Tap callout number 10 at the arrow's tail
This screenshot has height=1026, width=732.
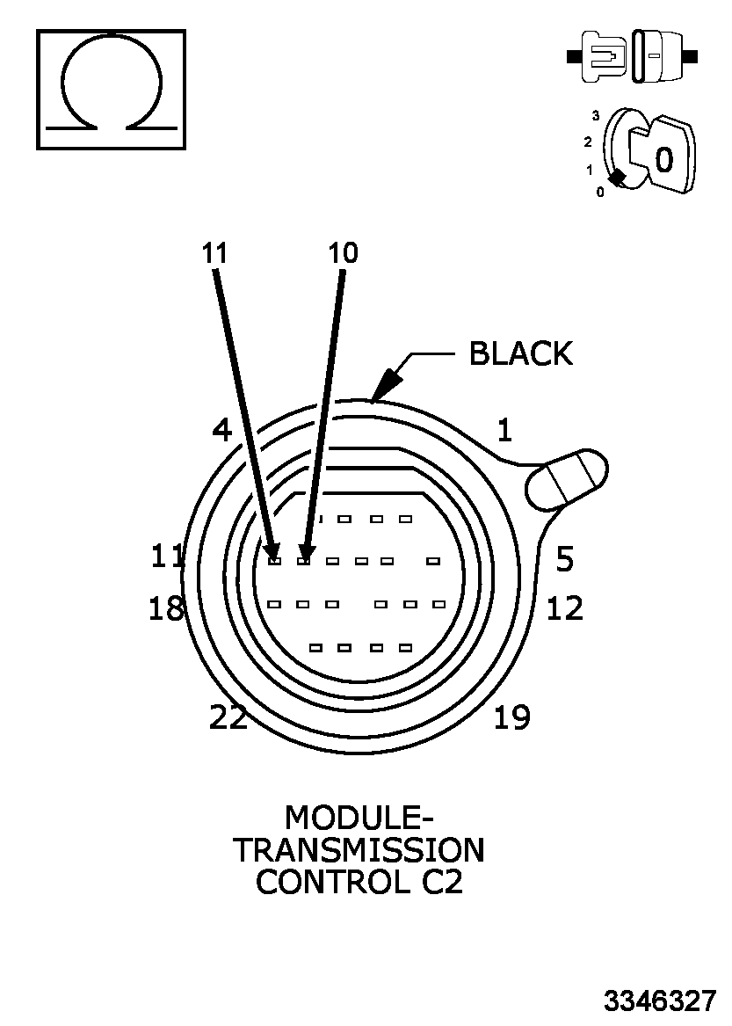tap(344, 253)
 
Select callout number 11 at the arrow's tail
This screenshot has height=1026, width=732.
tap(214, 253)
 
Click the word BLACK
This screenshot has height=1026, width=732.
tap(520, 353)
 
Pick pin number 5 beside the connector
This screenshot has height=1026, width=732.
tap(565, 558)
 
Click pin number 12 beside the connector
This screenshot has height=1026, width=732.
tap(565, 608)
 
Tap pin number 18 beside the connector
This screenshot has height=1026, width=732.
tap(167, 608)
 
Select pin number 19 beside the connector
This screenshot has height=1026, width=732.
tap(512, 718)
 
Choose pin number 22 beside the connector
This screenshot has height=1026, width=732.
tap(228, 718)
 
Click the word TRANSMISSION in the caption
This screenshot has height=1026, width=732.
tap(359, 850)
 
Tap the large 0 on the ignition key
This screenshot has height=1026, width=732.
tap(664, 159)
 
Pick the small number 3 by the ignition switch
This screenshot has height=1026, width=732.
tap(596, 115)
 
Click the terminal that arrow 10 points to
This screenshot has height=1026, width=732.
tap(304, 560)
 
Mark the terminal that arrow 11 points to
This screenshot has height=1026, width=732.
tap(274, 560)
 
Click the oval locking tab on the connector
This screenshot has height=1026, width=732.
tap(568, 479)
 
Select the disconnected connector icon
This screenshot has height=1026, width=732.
tap(633, 57)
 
